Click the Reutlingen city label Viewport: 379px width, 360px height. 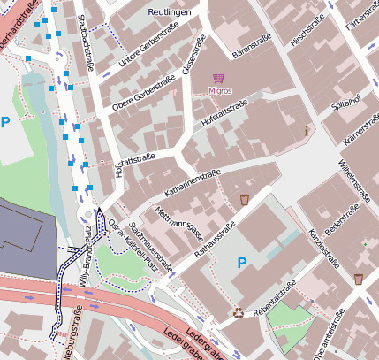coord(171,13)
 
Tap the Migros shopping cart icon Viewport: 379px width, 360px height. coord(219,78)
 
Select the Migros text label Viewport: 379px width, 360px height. coord(220,90)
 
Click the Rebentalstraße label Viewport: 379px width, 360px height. coord(275,296)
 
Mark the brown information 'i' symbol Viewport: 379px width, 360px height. coord(307,131)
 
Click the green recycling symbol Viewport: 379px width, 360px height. coord(238,311)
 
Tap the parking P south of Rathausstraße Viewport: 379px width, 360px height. coord(242,263)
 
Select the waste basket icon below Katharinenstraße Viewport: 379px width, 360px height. coord(245,200)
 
